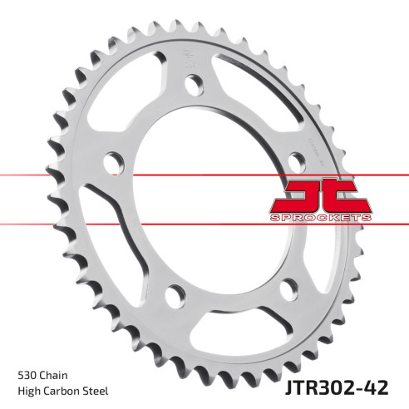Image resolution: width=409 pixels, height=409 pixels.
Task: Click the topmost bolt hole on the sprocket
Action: click(193, 83)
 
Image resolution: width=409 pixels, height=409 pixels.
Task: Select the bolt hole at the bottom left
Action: click(174, 294)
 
